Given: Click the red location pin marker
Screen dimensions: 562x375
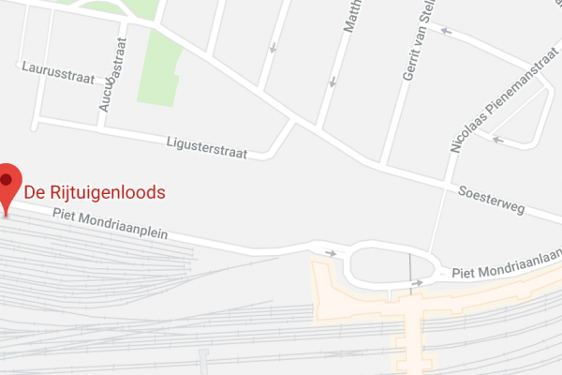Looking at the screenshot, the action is click(x=9, y=181).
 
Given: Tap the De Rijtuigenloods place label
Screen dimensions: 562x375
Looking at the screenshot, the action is click(x=95, y=192).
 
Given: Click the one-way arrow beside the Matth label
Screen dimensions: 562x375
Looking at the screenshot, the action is click(x=332, y=83).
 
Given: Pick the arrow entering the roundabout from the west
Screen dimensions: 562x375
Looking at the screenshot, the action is click(x=331, y=252).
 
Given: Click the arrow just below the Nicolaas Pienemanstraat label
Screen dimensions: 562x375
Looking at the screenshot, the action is click(x=497, y=141).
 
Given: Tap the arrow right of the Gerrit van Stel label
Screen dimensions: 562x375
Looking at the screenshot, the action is click(x=448, y=32).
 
